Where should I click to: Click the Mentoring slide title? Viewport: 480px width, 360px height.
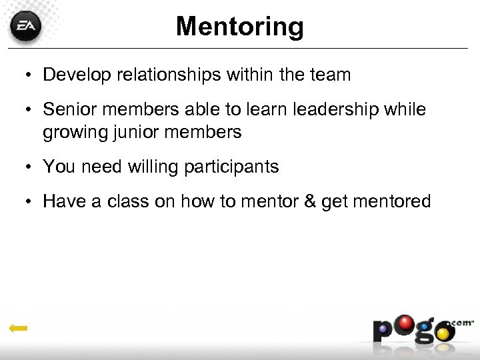[240, 27]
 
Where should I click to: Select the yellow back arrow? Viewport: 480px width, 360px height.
[18, 328]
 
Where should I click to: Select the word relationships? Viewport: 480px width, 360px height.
[169, 75]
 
